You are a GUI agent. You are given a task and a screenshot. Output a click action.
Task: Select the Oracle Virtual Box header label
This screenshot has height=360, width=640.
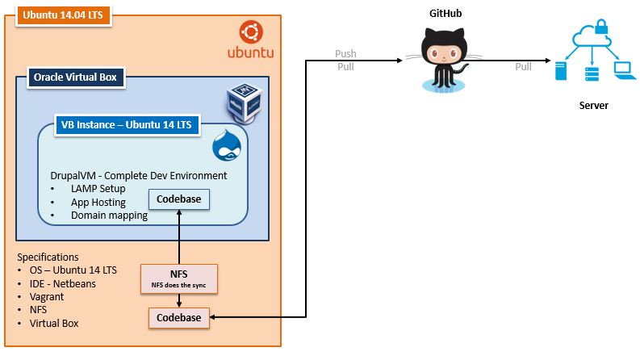(74, 77)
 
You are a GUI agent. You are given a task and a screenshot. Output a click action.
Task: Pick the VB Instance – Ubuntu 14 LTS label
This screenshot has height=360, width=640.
(127, 125)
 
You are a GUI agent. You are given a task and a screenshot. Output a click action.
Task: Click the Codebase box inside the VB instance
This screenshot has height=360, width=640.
(178, 199)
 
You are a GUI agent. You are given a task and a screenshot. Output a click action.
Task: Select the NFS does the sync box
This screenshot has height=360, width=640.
(178, 278)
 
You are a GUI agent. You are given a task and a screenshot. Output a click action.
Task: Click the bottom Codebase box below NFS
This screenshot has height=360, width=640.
(178, 318)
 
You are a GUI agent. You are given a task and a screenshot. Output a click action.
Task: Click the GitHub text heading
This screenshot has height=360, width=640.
(445, 14)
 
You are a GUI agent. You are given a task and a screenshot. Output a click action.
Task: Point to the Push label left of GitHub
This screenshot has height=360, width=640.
(345, 54)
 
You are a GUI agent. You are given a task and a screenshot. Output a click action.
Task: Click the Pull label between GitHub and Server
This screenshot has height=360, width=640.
(524, 66)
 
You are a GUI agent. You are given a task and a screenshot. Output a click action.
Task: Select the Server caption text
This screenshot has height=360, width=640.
(594, 106)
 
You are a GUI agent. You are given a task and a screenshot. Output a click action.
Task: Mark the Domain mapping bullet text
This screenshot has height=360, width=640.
(109, 215)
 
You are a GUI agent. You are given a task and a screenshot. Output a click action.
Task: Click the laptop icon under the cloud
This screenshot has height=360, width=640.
(624, 72)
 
